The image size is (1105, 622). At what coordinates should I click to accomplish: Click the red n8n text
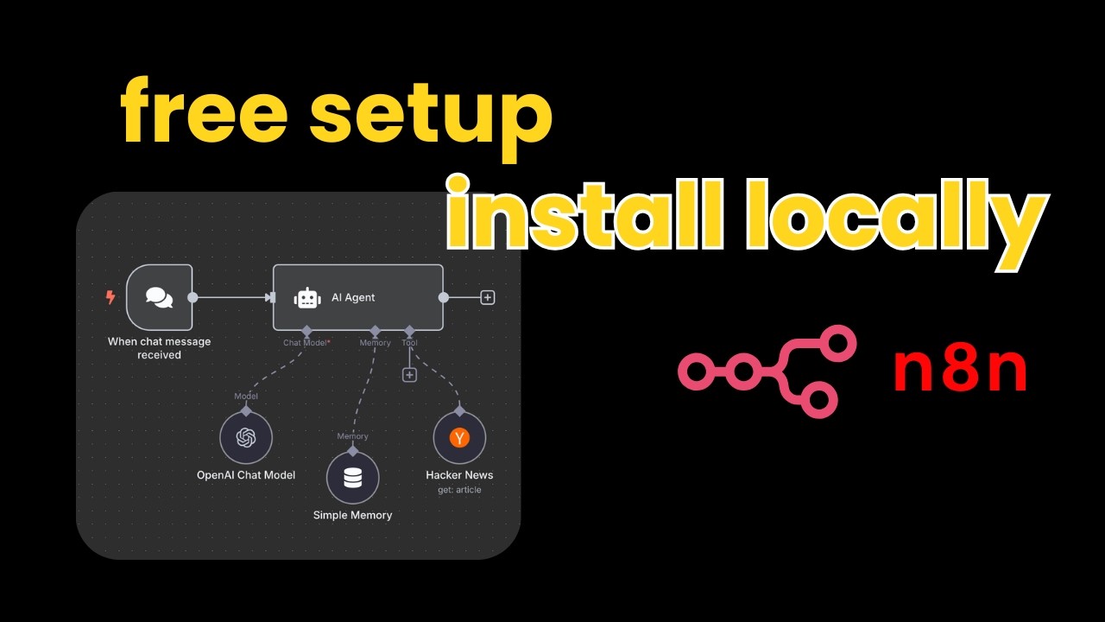click(x=960, y=371)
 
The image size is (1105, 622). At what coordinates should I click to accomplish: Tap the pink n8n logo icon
click(x=767, y=371)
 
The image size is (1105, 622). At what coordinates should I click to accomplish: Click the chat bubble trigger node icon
click(x=159, y=297)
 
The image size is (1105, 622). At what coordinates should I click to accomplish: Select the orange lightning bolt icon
click(x=110, y=298)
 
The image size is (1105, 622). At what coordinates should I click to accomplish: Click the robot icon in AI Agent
click(x=307, y=298)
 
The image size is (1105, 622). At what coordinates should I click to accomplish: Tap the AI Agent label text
click(x=353, y=298)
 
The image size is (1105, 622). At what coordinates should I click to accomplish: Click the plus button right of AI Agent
click(x=488, y=298)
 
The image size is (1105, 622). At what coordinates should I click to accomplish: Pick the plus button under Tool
click(x=409, y=375)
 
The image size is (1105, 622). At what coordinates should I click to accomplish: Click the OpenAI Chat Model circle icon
click(x=246, y=438)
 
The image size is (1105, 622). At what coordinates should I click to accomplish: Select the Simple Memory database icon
click(x=353, y=478)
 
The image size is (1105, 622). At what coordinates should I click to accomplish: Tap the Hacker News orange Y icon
click(x=459, y=438)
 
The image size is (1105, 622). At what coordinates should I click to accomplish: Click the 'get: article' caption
click(x=459, y=490)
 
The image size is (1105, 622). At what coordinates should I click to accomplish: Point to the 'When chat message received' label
click(x=159, y=348)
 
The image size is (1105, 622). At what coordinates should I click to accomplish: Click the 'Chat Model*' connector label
click(x=306, y=343)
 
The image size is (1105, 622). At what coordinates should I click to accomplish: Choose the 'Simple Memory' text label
click(x=352, y=515)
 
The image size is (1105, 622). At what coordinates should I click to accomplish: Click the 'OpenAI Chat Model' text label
click(x=246, y=475)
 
